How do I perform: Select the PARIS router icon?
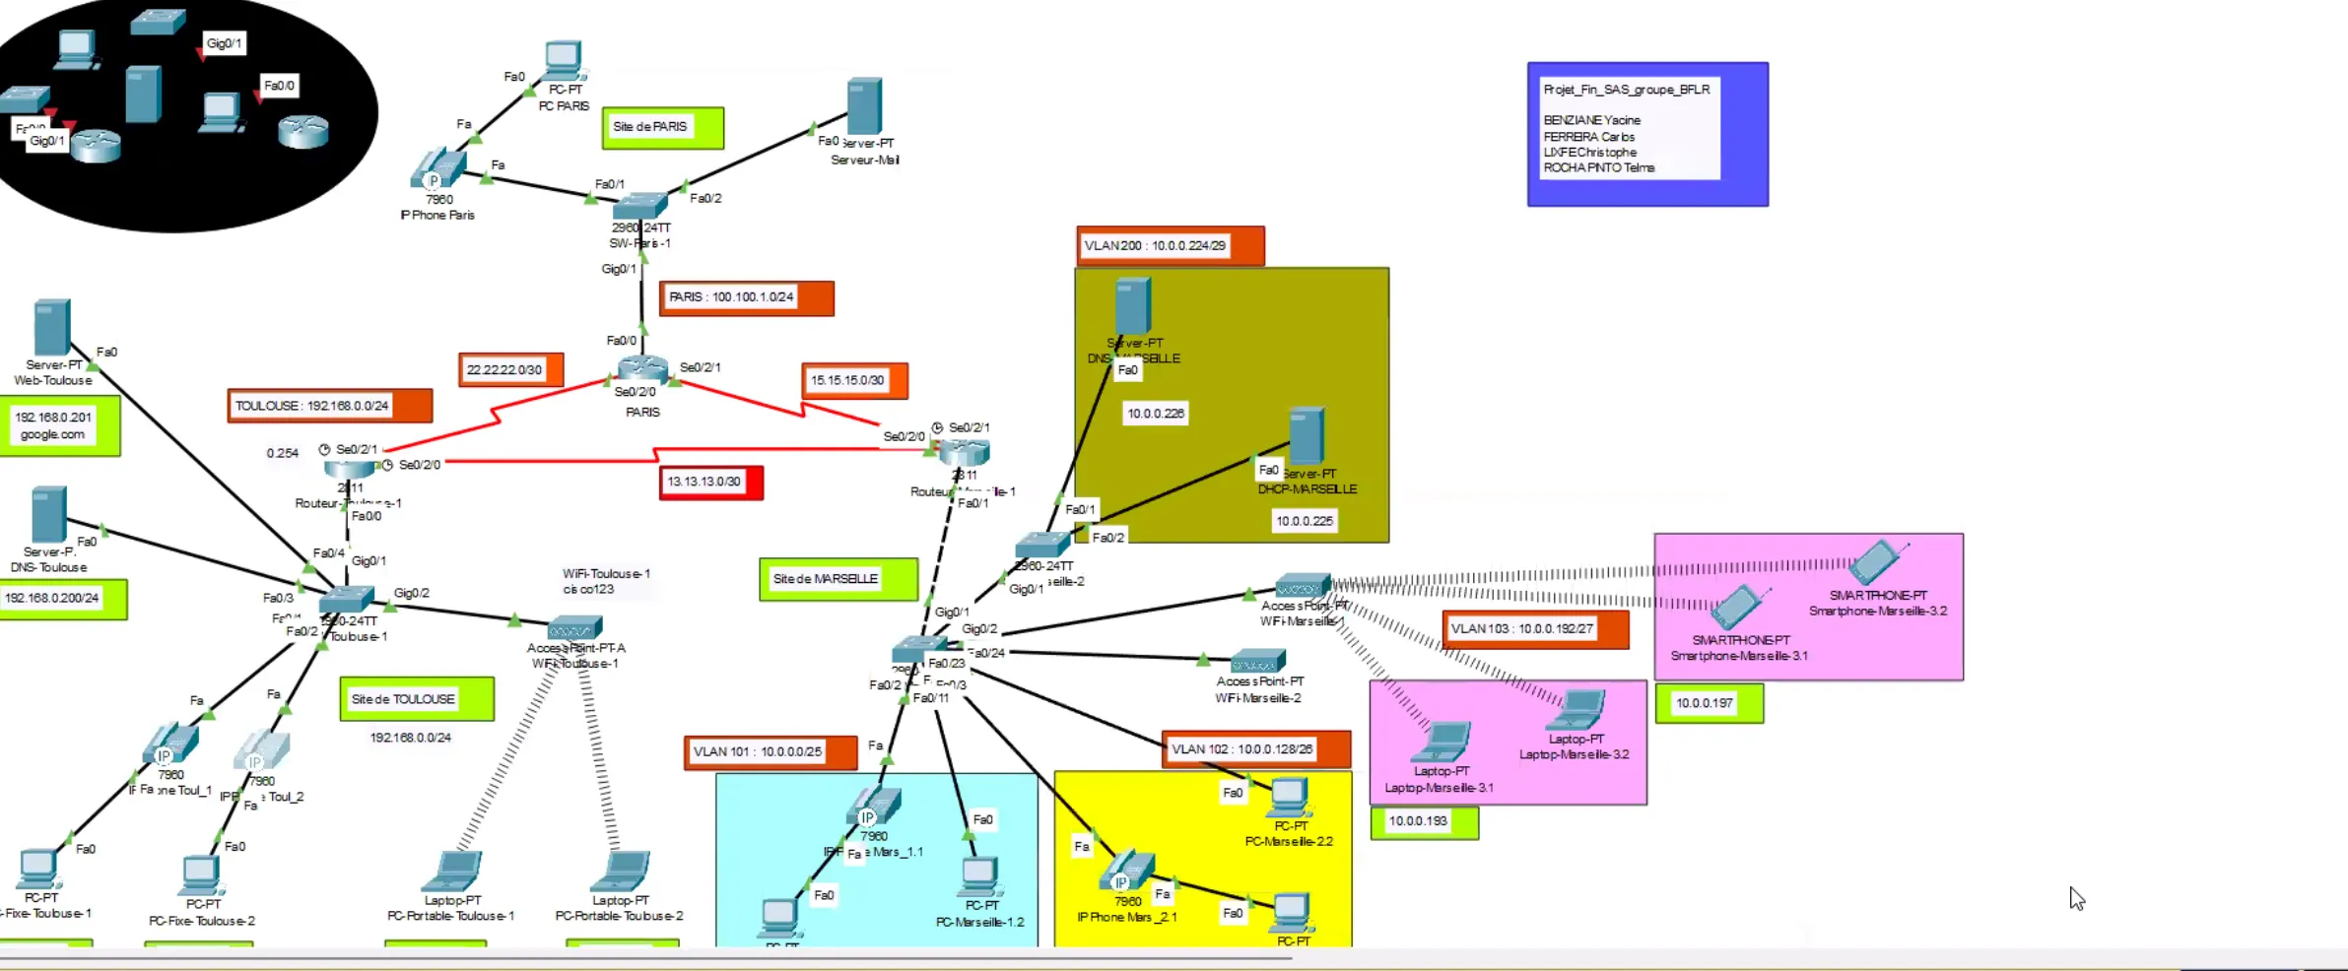tap(642, 368)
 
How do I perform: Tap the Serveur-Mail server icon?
tap(864, 106)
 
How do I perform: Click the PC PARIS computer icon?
tap(563, 61)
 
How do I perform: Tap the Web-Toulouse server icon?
tap(51, 327)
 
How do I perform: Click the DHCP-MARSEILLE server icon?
tap(1307, 435)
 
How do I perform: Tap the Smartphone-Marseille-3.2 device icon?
tap(1875, 562)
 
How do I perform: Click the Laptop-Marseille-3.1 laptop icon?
tap(1442, 743)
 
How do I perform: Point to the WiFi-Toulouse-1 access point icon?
tap(574, 628)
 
